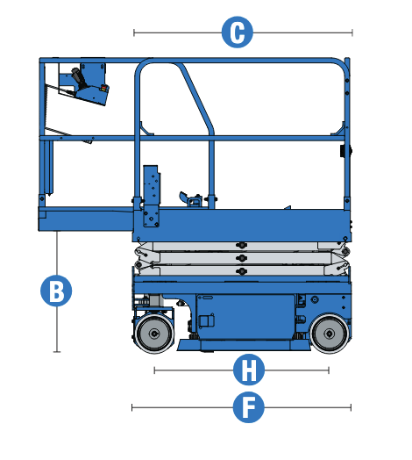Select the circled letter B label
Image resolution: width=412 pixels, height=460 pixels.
click(x=57, y=291)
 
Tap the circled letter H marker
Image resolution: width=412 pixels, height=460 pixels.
click(x=249, y=370)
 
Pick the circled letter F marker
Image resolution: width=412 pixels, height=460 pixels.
click(x=249, y=407)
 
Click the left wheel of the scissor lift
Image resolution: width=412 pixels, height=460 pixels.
click(x=153, y=334)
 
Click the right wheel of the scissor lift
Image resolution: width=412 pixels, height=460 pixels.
click(x=327, y=334)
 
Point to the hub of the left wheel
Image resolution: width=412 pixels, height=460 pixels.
click(x=153, y=334)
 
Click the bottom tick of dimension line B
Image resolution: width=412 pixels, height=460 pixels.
click(x=57, y=352)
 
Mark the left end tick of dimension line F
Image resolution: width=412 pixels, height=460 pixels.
click(x=131, y=407)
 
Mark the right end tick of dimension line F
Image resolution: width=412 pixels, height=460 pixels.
click(x=351, y=407)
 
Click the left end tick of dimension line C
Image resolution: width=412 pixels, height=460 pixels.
click(x=134, y=32)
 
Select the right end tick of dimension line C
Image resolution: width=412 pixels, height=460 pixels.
click(x=352, y=32)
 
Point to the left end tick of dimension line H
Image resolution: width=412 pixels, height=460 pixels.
click(x=154, y=370)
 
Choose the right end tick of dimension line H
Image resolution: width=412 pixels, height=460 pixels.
click(x=329, y=370)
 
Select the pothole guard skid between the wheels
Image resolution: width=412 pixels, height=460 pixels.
click(x=237, y=347)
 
